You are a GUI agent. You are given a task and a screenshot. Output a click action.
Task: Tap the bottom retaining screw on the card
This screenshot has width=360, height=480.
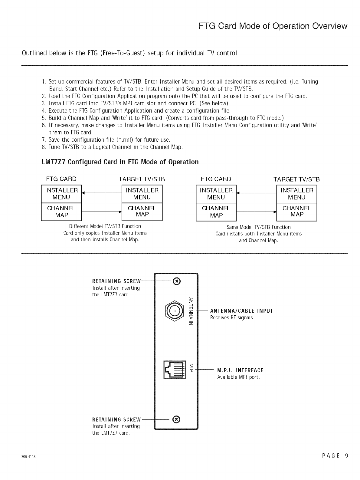coord(177,419)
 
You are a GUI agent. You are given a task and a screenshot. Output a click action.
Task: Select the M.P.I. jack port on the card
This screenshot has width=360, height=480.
coord(175,369)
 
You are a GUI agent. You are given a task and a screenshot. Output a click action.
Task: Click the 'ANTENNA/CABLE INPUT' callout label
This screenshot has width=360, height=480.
coord(241,311)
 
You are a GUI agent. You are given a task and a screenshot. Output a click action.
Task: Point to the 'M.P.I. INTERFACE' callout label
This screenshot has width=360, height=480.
coord(240,370)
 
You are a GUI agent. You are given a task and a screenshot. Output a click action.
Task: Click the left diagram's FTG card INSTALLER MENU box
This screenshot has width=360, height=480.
coord(61,194)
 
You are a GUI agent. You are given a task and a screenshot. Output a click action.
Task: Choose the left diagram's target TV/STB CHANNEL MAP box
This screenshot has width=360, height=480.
coord(142,212)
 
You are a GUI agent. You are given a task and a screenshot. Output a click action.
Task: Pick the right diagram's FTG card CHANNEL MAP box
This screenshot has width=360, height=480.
coord(216,212)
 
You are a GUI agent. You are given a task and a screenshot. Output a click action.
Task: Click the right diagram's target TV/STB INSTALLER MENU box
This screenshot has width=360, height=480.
coord(297,194)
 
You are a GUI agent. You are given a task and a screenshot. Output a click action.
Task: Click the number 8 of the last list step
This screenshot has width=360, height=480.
coord(44,147)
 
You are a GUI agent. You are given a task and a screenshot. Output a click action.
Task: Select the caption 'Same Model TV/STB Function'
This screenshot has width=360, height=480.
coord(258,227)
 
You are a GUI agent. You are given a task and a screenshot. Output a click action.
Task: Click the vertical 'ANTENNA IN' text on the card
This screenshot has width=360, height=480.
coord(191,311)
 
